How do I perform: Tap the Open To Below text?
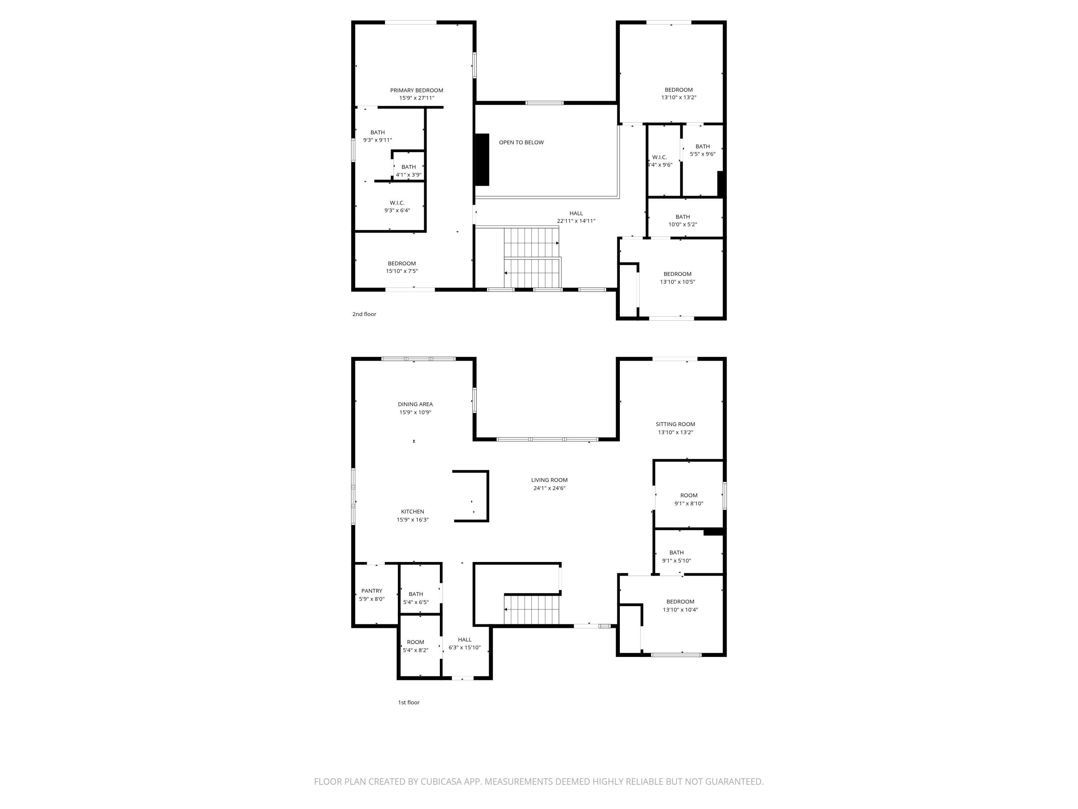(521, 142)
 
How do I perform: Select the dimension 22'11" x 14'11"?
(576, 221)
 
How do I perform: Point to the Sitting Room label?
(675, 424)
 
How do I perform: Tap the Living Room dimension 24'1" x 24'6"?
(549, 488)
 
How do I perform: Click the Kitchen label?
(412, 512)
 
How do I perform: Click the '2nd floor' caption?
(364, 314)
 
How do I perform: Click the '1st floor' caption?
(409, 702)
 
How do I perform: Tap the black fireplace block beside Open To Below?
(482, 159)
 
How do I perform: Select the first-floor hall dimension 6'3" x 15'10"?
(464, 648)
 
